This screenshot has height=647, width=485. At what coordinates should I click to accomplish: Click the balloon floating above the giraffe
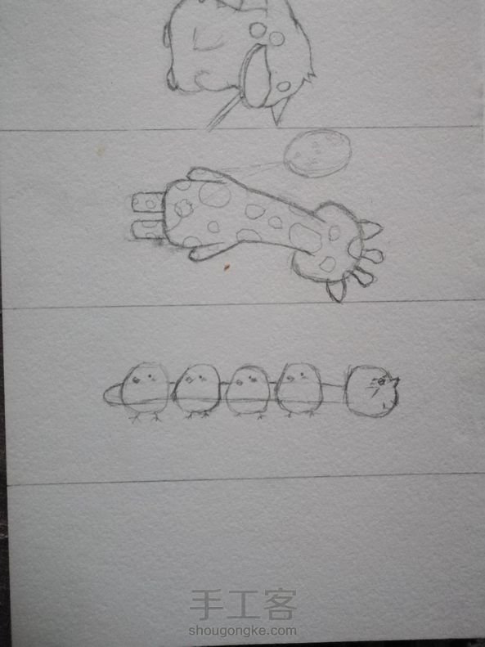tap(317, 154)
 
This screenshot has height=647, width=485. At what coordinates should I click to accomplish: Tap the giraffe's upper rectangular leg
tap(148, 203)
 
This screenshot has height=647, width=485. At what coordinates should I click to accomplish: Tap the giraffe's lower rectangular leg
tap(147, 230)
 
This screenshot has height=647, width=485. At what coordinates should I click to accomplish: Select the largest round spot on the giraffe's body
tap(214, 195)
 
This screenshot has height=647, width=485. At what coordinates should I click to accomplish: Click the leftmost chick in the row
tap(145, 389)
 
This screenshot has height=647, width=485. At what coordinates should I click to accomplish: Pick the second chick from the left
tap(197, 389)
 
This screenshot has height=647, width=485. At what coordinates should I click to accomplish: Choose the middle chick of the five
tap(248, 390)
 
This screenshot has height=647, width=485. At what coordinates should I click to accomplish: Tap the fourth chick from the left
tap(299, 389)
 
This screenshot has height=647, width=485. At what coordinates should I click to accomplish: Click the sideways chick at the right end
tap(371, 391)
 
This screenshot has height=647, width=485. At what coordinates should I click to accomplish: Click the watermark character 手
tap(207, 604)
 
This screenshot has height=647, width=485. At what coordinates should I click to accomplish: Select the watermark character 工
tap(243, 604)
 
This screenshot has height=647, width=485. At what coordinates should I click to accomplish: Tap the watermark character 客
tap(280, 604)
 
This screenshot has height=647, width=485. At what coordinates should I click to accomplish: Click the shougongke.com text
tap(242, 631)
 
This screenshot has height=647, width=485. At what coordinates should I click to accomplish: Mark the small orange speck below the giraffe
tap(227, 267)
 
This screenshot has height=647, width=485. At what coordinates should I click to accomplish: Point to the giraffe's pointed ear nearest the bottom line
tap(337, 290)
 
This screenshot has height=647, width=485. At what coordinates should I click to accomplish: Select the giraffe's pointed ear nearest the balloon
tap(371, 230)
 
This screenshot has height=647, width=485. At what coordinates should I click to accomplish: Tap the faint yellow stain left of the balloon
tap(99, 151)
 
